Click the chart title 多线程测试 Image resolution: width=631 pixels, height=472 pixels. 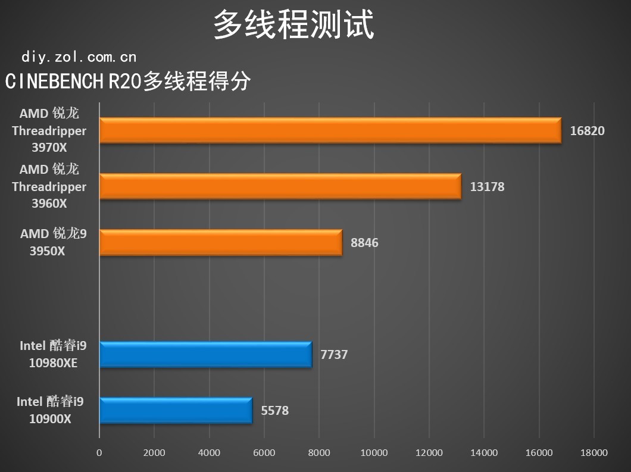tap(293, 25)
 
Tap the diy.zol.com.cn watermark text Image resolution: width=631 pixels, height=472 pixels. tap(79, 57)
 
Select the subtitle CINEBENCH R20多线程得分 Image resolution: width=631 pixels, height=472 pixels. tap(127, 82)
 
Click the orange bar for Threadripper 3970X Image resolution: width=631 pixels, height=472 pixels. tap(330, 130)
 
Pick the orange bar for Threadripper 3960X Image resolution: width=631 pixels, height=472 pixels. tap(280, 186)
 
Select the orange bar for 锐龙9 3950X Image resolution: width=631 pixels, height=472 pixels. tap(220, 242)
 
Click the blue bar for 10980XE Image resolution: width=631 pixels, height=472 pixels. tap(205, 355)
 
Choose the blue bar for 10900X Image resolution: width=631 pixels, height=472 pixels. tap(176, 411)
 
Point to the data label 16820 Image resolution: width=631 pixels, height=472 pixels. tap(587, 131)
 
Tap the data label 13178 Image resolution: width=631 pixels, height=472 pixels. tap(487, 187)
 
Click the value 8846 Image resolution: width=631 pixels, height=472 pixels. tap(364, 243)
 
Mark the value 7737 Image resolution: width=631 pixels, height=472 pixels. tap(334, 355)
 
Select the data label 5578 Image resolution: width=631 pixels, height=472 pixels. tap(274, 411)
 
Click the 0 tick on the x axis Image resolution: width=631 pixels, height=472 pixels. tap(99, 453)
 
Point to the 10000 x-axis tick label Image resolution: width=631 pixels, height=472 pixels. tap(374, 453)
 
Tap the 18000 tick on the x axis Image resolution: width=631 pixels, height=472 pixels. tap(593, 453)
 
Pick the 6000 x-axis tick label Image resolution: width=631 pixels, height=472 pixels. tap(264, 453)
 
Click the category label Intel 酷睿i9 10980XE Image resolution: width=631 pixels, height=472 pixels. tap(53, 354)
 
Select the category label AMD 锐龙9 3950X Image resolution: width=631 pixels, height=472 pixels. tap(52, 242)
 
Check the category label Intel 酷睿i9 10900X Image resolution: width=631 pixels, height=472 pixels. tap(51, 410)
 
